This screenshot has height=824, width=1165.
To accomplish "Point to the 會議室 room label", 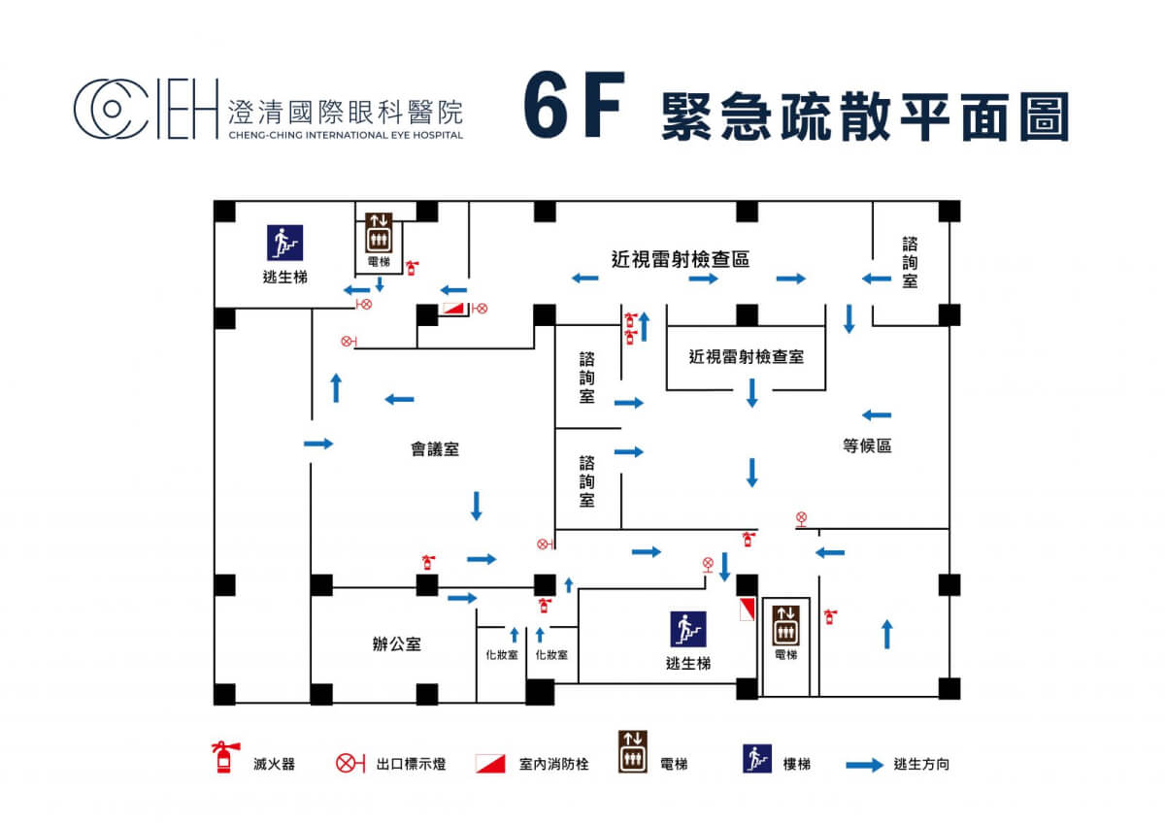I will click(x=434, y=449).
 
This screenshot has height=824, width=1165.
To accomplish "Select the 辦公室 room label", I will click(x=396, y=643).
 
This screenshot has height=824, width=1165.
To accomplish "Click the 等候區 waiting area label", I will click(x=867, y=446).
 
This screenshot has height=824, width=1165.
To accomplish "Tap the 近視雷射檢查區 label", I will click(x=680, y=259).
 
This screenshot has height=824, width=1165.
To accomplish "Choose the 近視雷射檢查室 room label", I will click(x=746, y=357).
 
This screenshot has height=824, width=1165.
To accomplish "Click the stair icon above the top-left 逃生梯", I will click(x=285, y=243).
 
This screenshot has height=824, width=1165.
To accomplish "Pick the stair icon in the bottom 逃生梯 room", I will click(x=688, y=629).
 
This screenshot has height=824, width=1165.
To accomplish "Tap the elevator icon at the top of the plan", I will click(x=379, y=232).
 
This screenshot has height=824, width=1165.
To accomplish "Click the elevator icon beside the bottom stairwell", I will click(x=785, y=623).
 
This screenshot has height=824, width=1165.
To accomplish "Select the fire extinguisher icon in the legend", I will click(x=224, y=757).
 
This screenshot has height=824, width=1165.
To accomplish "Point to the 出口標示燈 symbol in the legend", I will click(x=349, y=764).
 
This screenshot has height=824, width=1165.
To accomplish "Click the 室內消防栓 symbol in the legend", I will click(x=491, y=764).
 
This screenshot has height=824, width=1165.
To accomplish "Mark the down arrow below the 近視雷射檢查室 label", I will click(x=751, y=393).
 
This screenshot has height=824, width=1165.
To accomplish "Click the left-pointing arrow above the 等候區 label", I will click(x=876, y=415).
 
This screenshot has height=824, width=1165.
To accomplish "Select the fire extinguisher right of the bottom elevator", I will click(x=830, y=615).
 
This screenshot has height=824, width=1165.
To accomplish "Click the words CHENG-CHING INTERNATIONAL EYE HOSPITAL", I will click(x=345, y=135).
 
